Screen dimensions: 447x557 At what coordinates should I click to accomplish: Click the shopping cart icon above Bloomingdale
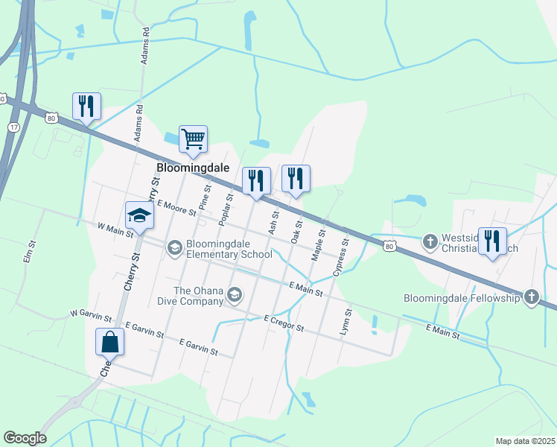(193, 139)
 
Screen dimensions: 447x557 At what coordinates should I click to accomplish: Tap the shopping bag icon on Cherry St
(110, 342)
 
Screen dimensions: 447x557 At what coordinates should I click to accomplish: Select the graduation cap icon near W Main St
(139, 215)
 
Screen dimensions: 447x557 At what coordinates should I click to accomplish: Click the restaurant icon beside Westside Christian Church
(492, 241)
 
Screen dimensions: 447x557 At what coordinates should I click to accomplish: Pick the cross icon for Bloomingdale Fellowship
(531, 297)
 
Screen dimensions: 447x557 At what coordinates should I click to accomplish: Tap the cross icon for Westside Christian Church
(430, 241)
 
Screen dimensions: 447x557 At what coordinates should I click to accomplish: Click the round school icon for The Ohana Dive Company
(235, 296)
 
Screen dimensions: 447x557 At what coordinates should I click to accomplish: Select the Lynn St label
(345, 320)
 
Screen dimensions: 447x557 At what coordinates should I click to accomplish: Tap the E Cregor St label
(284, 323)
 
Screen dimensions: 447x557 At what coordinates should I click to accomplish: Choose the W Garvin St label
(90, 316)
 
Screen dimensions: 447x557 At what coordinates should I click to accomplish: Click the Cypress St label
(341, 257)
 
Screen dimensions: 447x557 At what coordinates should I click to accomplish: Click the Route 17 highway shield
(13, 127)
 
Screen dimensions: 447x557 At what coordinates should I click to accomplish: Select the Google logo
(25, 438)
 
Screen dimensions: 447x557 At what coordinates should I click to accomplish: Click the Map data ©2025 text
(524, 441)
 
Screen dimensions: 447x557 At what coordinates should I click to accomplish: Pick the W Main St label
(115, 229)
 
